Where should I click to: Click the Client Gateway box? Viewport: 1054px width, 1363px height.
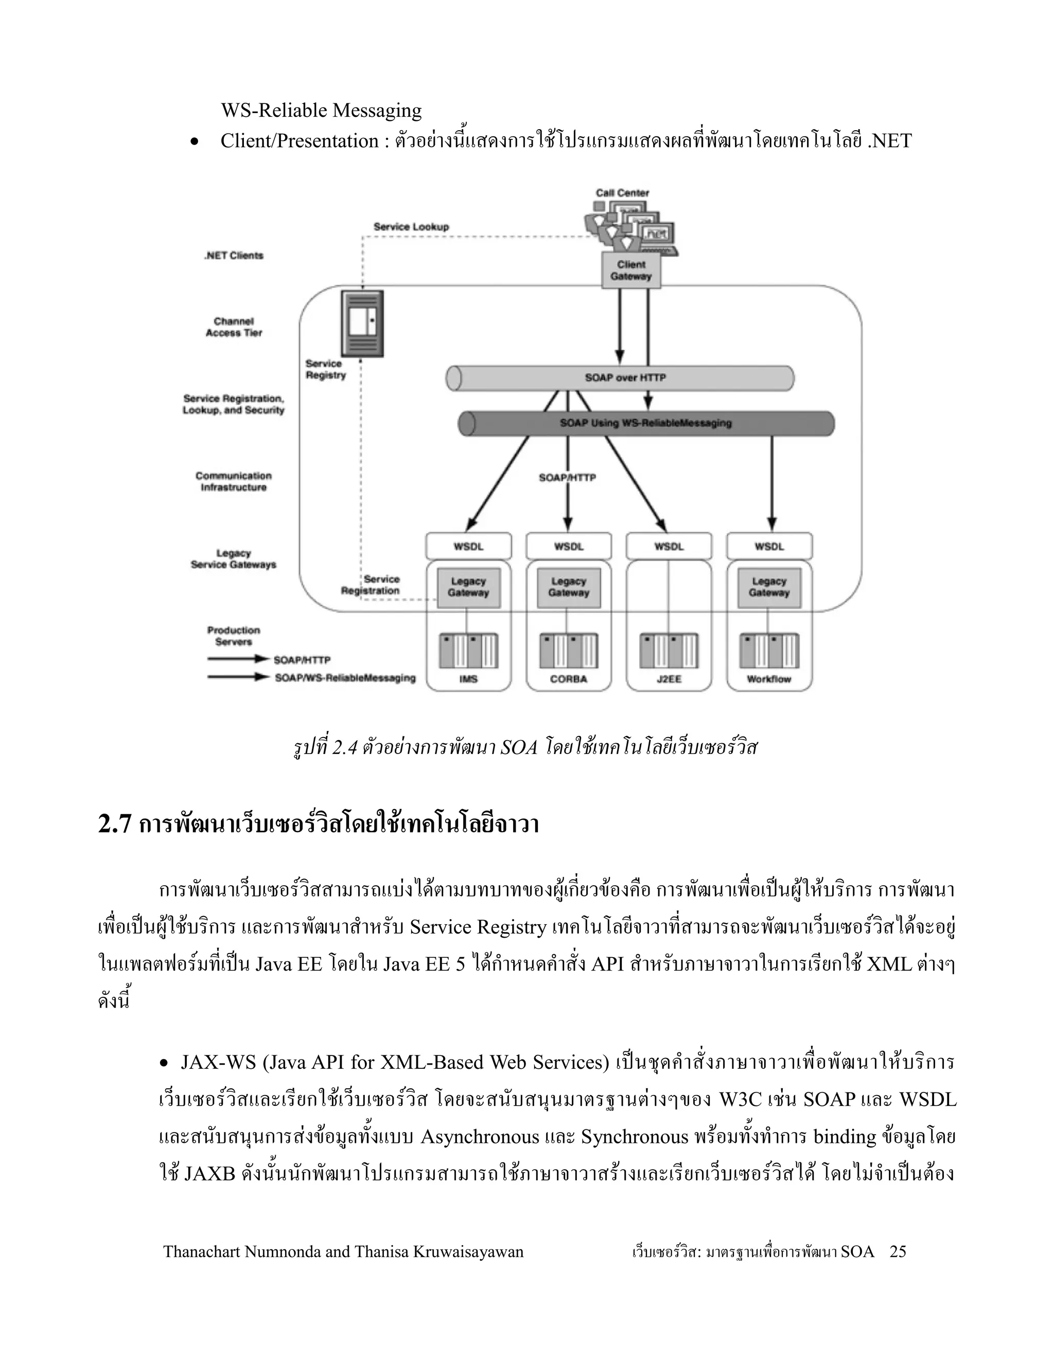630,270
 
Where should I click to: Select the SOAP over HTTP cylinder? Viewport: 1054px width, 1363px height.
620,378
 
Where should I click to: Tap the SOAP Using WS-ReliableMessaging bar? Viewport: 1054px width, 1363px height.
646,423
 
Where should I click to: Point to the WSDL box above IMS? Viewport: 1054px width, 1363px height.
468,547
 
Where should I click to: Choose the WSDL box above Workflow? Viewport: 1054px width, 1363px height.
769,547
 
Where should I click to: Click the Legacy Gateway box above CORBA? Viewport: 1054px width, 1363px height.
568,587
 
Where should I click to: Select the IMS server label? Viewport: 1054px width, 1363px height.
468,679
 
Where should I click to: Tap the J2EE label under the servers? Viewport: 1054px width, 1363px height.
669,679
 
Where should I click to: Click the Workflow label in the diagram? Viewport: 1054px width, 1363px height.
769,679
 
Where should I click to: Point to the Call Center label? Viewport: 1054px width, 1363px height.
623,193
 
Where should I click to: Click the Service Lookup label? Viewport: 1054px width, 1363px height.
411,226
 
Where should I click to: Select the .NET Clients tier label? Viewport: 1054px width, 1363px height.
234,255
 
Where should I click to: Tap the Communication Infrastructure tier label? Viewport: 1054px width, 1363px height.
234,481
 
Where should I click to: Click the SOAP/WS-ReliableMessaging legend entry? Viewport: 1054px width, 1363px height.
345,678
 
